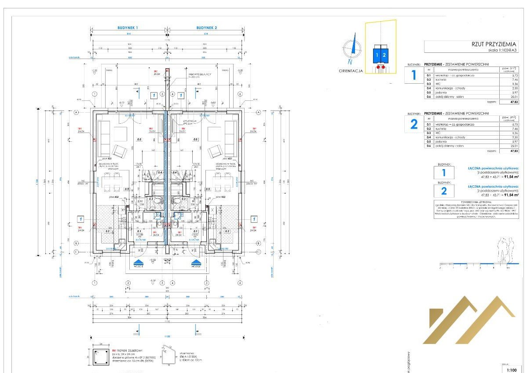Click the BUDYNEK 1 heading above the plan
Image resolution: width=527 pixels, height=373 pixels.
point(128,28)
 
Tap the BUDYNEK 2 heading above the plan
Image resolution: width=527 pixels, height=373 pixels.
point(207,28)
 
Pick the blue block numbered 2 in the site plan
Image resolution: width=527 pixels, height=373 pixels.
point(384,55)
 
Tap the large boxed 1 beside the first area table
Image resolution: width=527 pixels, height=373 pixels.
point(414,75)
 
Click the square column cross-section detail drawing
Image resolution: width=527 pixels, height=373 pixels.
point(101,356)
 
